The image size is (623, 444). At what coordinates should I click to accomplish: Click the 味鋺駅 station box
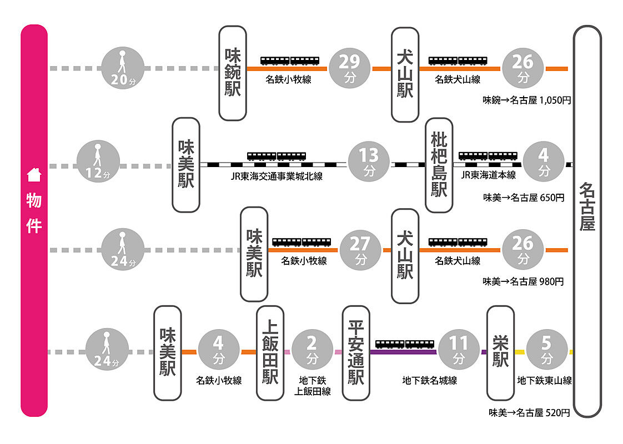[x=233, y=73]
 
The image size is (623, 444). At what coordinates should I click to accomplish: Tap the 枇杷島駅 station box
[x=439, y=165]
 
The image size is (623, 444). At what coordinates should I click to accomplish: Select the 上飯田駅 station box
[x=270, y=353]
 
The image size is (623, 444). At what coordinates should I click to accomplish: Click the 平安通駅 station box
[x=356, y=353]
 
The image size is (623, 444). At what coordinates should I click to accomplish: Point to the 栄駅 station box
[x=500, y=353]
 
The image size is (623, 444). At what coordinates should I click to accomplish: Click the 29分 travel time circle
[x=350, y=68]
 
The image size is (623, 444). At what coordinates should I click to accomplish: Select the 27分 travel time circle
[x=361, y=250]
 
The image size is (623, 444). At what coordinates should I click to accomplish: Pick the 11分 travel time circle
[x=459, y=350]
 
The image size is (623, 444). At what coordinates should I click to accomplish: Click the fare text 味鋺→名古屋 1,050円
[x=526, y=100]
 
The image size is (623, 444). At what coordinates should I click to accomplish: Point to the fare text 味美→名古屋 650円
[x=524, y=198]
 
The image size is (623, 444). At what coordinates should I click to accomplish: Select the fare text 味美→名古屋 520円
[x=529, y=412]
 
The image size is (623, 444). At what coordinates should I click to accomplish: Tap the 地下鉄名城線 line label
[x=430, y=381]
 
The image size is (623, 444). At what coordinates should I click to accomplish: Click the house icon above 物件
[x=34, y=175]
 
